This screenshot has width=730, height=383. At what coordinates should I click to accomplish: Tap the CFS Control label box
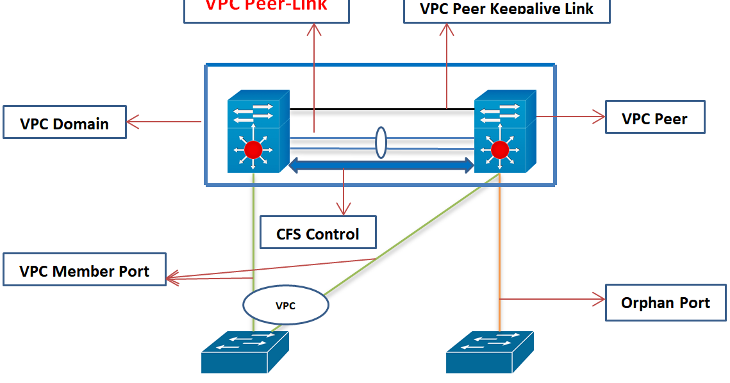tap(318, 232)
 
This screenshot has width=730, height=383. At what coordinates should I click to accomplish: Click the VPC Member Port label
tap(84, 270)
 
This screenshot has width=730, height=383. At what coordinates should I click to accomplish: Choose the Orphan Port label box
tap(665, 302)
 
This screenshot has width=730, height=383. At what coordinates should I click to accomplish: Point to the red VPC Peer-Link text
tap(266, 6)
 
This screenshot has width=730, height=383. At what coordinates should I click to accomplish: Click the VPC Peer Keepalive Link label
tap(506, 9)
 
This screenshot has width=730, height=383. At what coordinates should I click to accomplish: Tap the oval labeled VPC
tap(286, 305)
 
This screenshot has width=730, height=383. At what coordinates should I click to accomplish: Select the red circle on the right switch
tap(499, 151)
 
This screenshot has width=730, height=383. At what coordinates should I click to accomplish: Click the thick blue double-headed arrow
tap(382, 167)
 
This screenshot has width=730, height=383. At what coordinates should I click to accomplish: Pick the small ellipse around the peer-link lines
tap(381, 143)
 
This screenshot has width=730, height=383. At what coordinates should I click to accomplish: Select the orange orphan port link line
tap(499, 256)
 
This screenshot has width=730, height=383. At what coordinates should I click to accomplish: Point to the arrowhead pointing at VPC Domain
tap(132, 120)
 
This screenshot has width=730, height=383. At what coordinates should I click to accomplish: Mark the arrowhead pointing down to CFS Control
tap(344, 209)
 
